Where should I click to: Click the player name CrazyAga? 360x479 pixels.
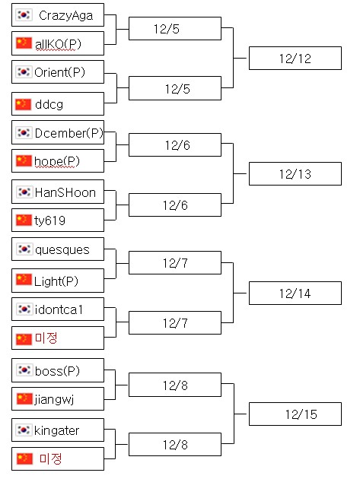[x=65, y=15]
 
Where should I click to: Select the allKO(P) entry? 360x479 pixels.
[x=58, y=44]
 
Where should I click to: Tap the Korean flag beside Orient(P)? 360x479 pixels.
[x=24, y=71]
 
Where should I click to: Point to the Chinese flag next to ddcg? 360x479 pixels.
[x=24, y=104]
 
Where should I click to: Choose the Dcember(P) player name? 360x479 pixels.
[x=68, y=133]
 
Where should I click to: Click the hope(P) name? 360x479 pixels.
[x=57, y=161]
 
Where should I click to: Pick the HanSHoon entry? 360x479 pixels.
[x=65, y=193]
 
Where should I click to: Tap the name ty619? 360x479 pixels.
[x=50, y=220]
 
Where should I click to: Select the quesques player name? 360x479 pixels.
[x=62, y=250]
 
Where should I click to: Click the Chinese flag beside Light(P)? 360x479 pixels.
[x=24, y=280]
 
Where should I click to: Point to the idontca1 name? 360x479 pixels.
[x=59, y=309]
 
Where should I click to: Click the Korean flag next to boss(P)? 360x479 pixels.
[x=24, y=370]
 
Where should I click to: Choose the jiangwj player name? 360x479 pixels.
[x=54, y=400]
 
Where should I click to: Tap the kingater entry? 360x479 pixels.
[x=56, y=431]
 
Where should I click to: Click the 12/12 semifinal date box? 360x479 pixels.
[x=295, y=59]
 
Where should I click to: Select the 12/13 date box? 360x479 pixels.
[x=295, y=174]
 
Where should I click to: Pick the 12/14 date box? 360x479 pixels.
[x=295, y=293]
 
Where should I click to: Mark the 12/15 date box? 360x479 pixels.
[x=295, y=414]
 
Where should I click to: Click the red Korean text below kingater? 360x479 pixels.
[x=51, y=458]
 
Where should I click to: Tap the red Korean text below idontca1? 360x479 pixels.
[x=46, y=338]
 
